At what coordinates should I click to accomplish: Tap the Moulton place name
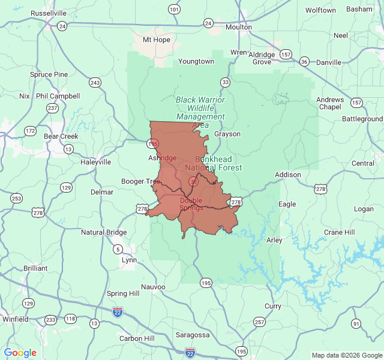[x=238, y=27]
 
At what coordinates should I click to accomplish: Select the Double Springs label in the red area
[x=191, y=204]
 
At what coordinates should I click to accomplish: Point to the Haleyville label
[x=96, y=162]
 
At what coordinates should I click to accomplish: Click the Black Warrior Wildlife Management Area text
[x=200, y=112]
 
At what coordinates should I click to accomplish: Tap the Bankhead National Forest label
[x=214, y=163]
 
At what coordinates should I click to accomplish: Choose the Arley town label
[x=274, y=240]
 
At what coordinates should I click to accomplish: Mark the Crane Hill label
[x=340, y=232]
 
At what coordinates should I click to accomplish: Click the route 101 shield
[x=174, y=9]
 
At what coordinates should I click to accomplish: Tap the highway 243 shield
[x=95, y=82]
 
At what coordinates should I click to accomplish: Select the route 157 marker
[x=286, y=55]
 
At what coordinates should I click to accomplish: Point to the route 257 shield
[x=259, y=322]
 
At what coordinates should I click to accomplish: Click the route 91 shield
[x=356, y=324]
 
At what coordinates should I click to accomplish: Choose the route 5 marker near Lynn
[x=118, y=249]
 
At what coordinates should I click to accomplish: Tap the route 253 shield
[x=16, y=199]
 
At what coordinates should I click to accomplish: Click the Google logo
[x=20, y=353]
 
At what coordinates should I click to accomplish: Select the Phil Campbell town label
[x=58, y=96]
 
